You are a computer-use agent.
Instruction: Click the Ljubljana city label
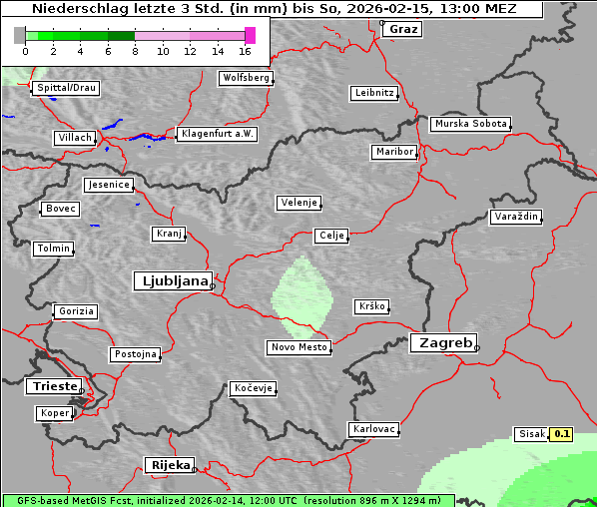(172, 280)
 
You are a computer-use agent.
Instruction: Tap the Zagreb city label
(442, 342)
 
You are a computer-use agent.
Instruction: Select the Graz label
(402, 29)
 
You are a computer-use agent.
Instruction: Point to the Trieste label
(52, 385)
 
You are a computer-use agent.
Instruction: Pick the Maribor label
(393, 152)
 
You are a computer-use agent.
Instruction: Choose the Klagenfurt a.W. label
(217, 134)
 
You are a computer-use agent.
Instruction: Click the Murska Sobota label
(470, 125)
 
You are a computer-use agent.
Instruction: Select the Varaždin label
(516, 217)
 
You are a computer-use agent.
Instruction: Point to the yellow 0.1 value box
(562, 434)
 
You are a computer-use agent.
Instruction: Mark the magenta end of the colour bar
(250, 35)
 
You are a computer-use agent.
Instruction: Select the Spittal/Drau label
(66, 88)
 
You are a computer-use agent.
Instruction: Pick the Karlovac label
(374, 429)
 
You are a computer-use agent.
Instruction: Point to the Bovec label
(60, 209)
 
